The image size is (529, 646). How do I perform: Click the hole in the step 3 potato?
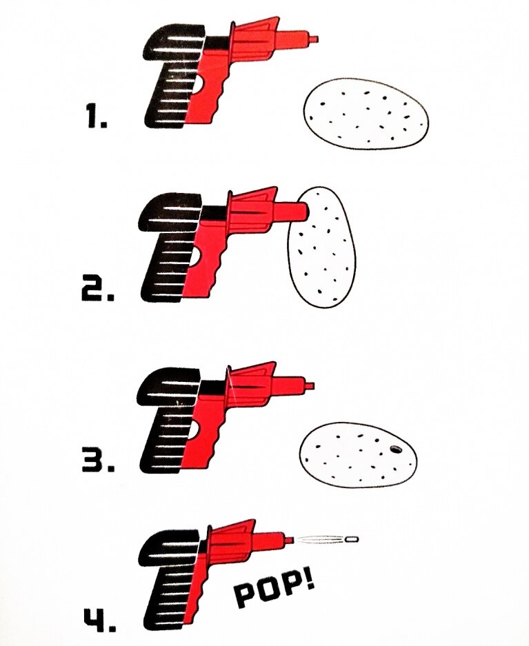click(397, 449)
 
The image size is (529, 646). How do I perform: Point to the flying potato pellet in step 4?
click(351, 538)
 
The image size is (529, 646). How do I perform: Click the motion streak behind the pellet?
click(319, 538)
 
